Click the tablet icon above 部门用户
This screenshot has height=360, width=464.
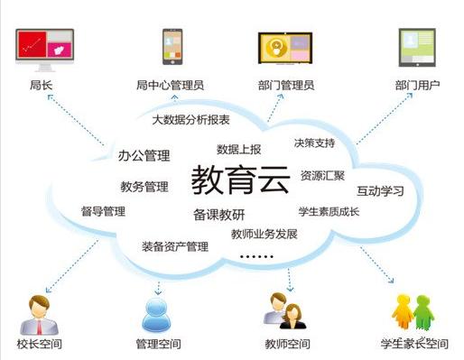417,49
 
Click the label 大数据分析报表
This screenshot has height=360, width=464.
190,119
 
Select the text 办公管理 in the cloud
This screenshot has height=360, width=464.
144,156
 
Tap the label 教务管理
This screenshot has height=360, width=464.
144,188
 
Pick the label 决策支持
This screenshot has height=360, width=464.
314,143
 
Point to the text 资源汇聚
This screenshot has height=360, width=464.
322,175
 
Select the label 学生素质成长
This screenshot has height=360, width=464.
329,212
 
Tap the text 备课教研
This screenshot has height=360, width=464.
218,214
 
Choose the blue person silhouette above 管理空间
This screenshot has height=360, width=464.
157,312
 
